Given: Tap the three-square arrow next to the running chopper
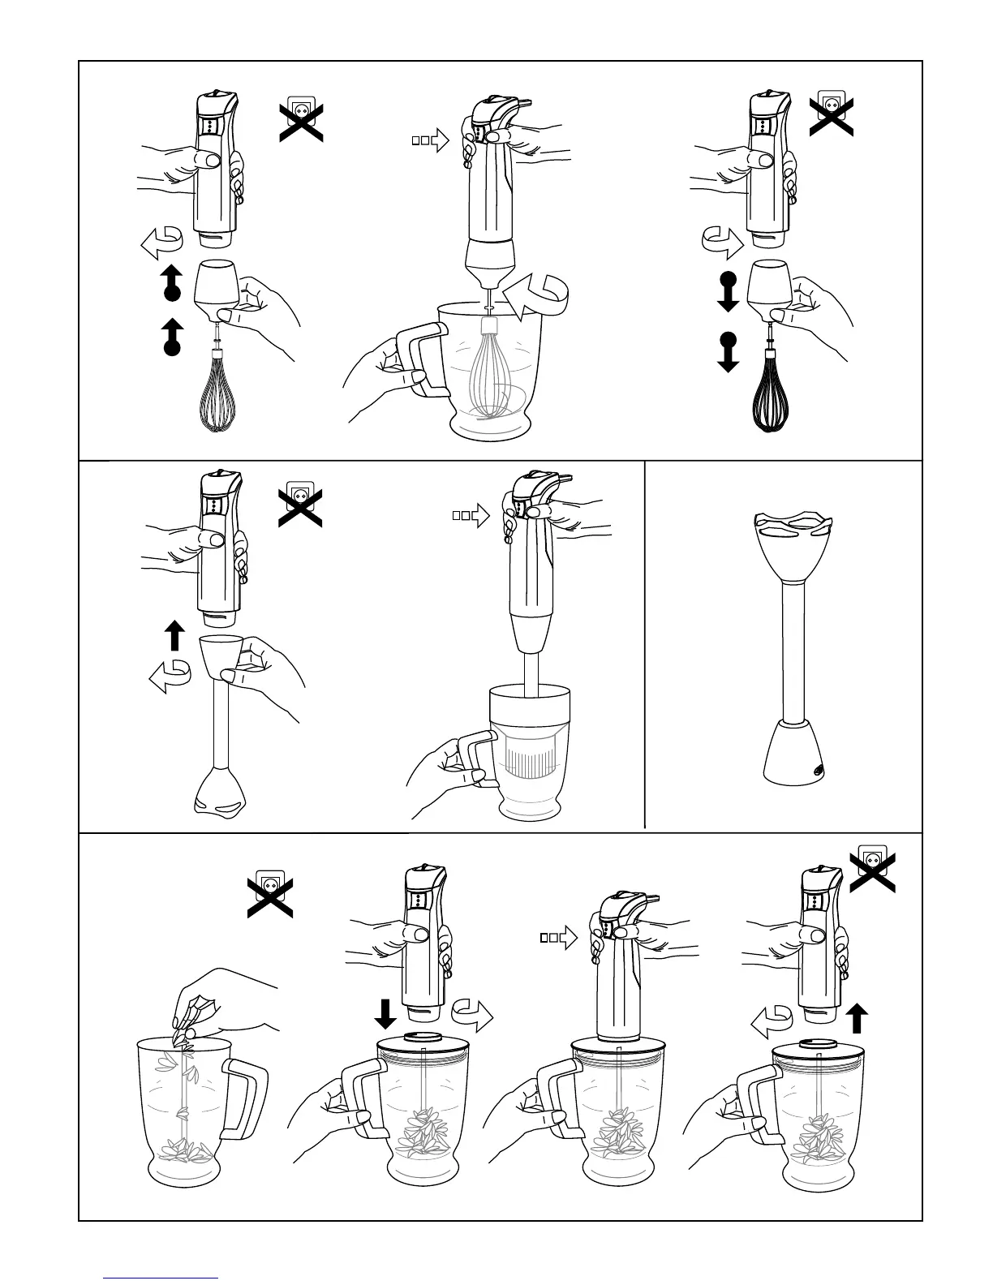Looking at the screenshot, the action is click(558, 938).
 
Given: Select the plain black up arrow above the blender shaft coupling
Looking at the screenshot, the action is click(174, 635).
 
